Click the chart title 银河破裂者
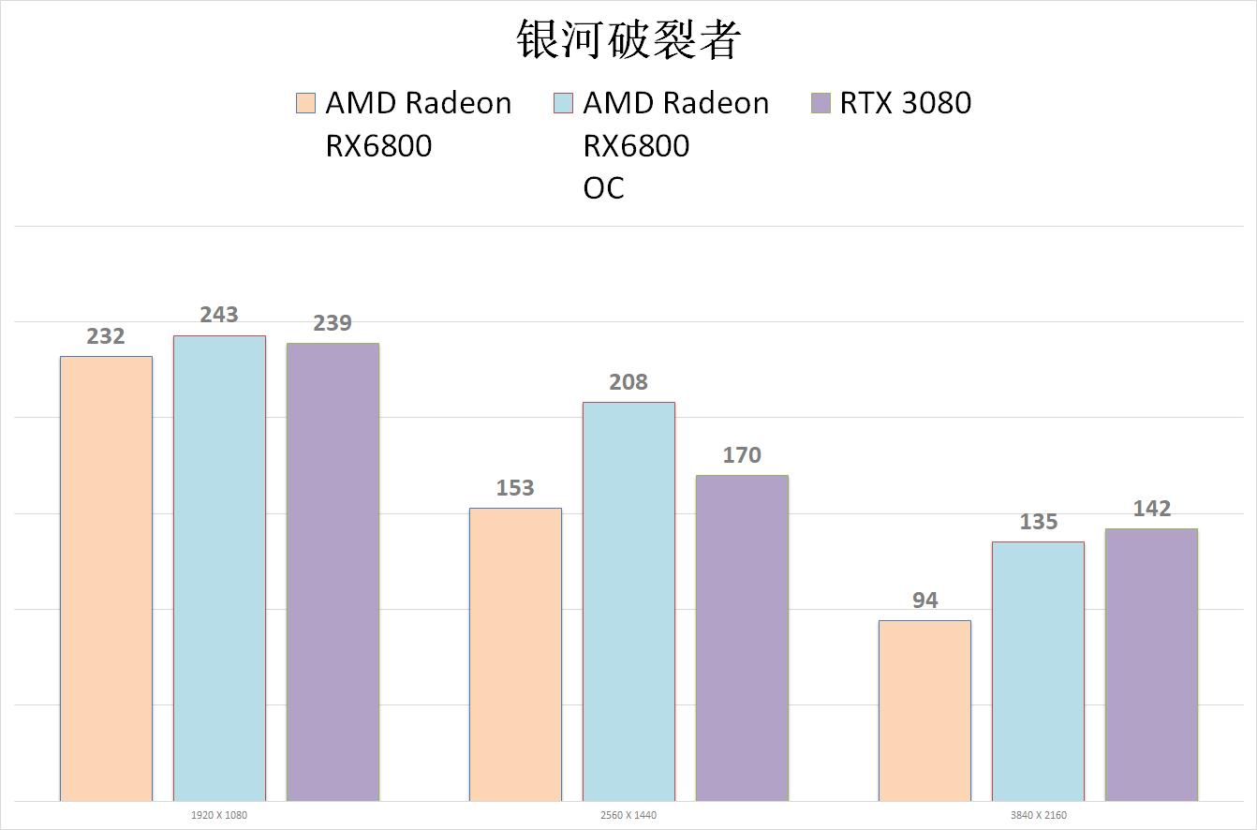(x=628, y=40)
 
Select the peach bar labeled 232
(x=106, y=578)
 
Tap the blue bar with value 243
(x=219, y=568)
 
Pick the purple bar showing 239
(x=333, y=571)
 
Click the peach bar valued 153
(x=515, y=654)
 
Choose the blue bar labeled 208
(x=628, y=601)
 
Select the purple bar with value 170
(x=742, y=638)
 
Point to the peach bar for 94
(x=924, y=710)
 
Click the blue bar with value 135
(x=1038, y=671)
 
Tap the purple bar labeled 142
(x=1151, y=664)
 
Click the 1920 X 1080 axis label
(x=219, y=815)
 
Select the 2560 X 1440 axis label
(x=628, y=815)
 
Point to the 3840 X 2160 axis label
(x=1038, y=815)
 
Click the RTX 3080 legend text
(x=905, y=103)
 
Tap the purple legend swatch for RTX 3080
(x=821, y=103)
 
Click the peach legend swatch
(x=306, y=103)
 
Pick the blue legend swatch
(x=563, y=103)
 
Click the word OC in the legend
(x=603, y=188)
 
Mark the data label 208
(x=628, y=382)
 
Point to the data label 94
(x=924, y=600)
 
